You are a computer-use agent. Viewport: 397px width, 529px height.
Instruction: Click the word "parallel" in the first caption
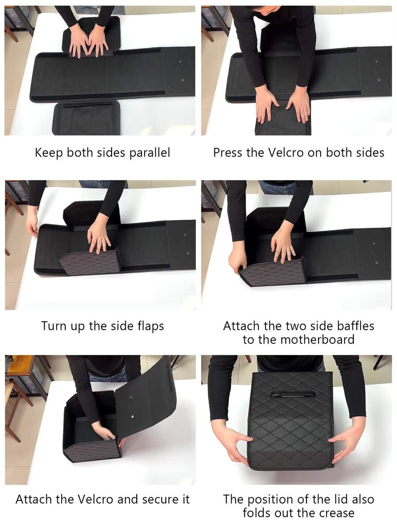(150, 153)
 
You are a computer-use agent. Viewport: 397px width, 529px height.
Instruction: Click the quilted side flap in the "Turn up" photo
(90, 262)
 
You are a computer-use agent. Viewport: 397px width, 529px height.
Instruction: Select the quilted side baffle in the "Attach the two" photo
(273, 271)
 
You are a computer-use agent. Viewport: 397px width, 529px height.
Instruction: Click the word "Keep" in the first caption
(49, 153)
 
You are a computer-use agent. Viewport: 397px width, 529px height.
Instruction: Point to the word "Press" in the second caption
(228, 153)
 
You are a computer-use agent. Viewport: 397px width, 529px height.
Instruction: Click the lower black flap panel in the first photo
(87, 118)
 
